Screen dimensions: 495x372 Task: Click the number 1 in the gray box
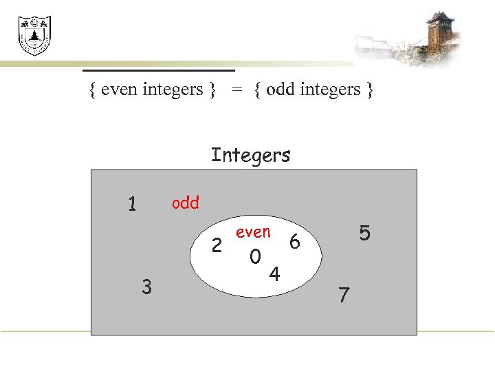133,204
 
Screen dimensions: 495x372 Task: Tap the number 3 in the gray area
146,286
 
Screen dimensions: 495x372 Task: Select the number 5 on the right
364,234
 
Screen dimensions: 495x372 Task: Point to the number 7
344,296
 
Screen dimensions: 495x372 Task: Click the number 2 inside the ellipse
217,245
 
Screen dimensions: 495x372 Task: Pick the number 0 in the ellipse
255,257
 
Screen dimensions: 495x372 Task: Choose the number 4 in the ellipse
274,275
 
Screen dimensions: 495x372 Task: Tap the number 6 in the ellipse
295,242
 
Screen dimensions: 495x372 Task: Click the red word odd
185,203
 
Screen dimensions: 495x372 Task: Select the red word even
253,232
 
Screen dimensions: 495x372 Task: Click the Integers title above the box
251,155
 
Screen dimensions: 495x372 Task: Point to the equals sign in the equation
236,90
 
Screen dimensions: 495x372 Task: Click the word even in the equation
120,90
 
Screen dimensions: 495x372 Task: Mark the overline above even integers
159,70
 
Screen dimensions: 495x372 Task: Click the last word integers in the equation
329,90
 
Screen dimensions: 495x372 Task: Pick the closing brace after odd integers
369,90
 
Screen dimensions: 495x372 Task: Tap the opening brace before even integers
93,90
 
